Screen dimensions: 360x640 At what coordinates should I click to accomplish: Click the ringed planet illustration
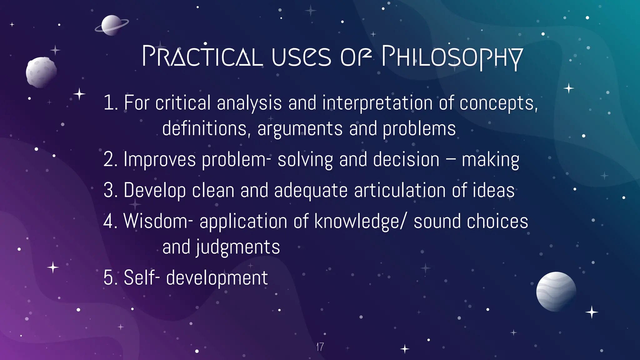(111, 25)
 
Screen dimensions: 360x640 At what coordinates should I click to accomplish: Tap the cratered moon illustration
(41, 72)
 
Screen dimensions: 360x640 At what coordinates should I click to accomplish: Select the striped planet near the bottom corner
(556, 291)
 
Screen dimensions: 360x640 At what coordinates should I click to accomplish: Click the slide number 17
(320, 347)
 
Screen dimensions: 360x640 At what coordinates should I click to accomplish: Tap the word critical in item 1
(183, 103)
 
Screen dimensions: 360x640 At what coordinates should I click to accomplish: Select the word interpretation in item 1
(377, 103)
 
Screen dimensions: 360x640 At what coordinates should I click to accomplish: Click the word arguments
(300, 129)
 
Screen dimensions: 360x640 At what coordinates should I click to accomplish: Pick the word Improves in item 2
(160, 160)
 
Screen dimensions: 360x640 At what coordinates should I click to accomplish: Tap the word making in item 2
(490, 160)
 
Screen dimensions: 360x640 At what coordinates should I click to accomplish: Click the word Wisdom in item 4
(156, 221)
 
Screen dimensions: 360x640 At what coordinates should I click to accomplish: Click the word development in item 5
(217, 278)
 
